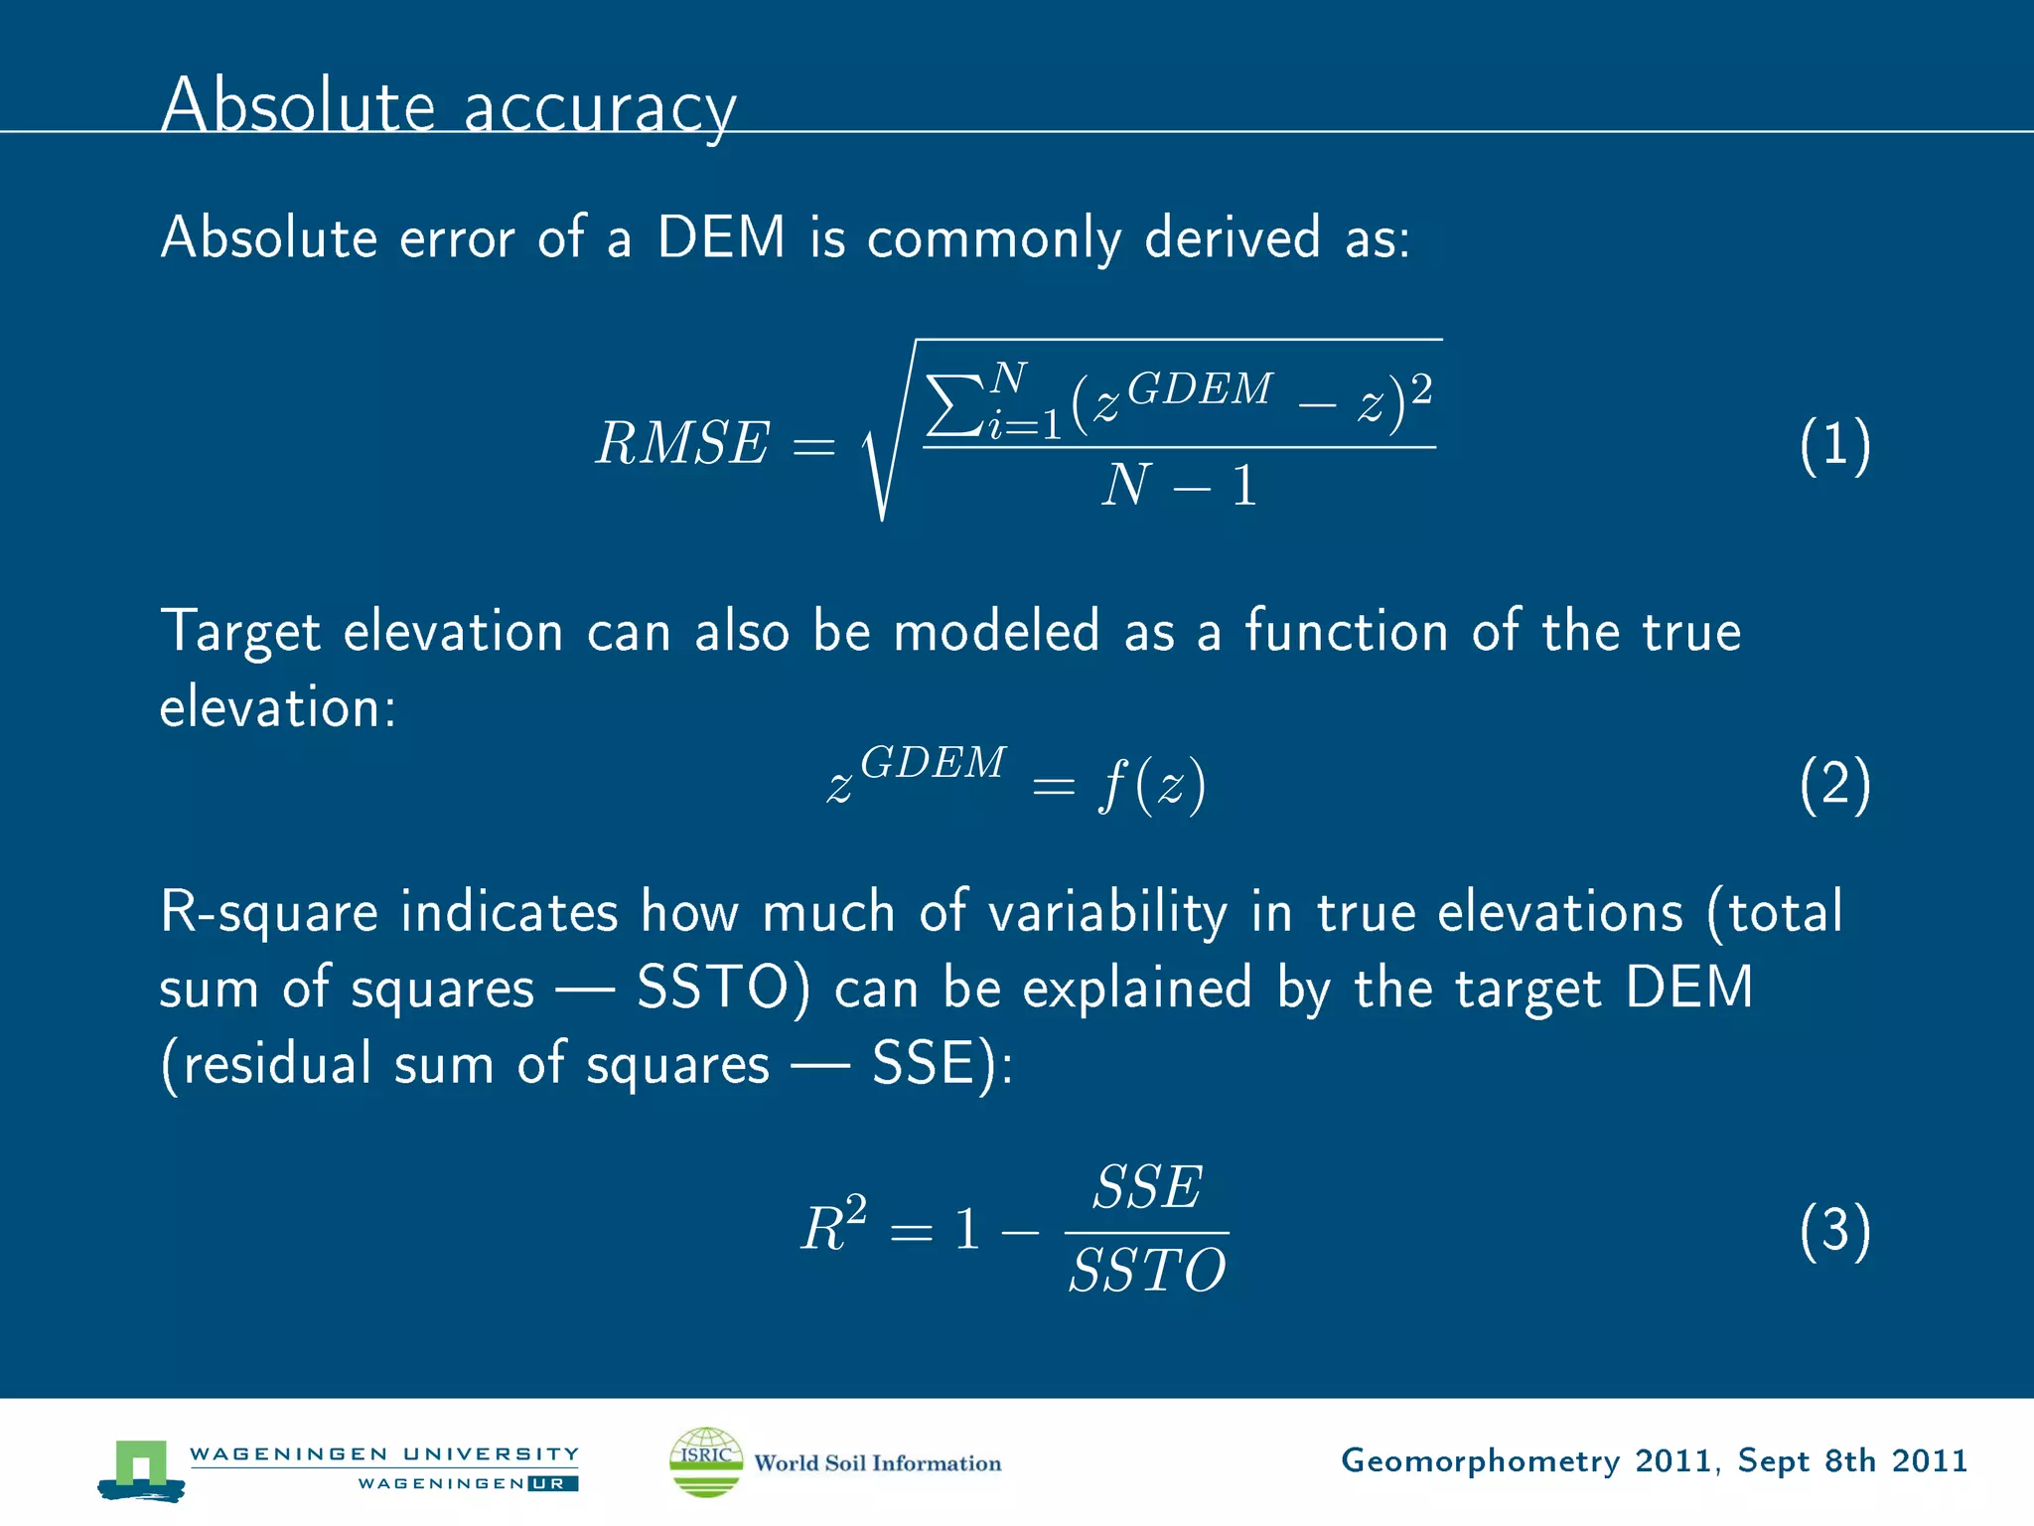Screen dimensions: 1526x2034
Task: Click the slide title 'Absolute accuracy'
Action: pyautogui.click(x=448, y=105)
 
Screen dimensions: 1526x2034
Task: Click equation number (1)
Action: pyautogui.click(x=1834, y=445)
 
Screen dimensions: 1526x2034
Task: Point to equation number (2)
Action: pyautogui.click(x=1834, y=784)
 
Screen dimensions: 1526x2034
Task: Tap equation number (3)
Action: pyautogui.click(x=1834, y=1230)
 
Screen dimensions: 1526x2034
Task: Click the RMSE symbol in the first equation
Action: pyautogui.click(x=682, y=443)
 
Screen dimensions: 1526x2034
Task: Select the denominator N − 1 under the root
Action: pyautogui.click(x=1179, y=486)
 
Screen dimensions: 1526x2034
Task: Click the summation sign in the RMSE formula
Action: pyautogui.click(x=954, y=403)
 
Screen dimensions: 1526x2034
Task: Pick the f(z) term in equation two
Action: pyautogui.click(x=1152, y=785)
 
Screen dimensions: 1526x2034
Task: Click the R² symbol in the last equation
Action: pyautogui.click(x=833, y=1227)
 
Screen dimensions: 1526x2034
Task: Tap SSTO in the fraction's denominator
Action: pyautogui.click(x=1147, y=1271)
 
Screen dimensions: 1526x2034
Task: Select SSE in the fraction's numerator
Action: pyautogui.click(x=1147, y=1187)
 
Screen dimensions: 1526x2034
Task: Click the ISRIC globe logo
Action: pyautogui.click(x=706, y=1461)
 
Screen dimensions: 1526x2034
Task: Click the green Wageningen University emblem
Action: pyautogui.click(x=141, y=1468)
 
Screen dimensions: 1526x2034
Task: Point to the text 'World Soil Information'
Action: pyautogui.click(x=877, y=1463)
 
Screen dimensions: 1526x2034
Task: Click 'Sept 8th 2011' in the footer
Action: pyautogui.click(x=1852, y=1460)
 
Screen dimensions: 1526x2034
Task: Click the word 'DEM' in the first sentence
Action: pyautogui.click(x=721, y=237)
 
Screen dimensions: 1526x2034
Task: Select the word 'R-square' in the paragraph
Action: pyautogui.click(x=269, y=912)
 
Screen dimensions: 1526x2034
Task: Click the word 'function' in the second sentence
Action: pyautogui.click(x=1346, y=631)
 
